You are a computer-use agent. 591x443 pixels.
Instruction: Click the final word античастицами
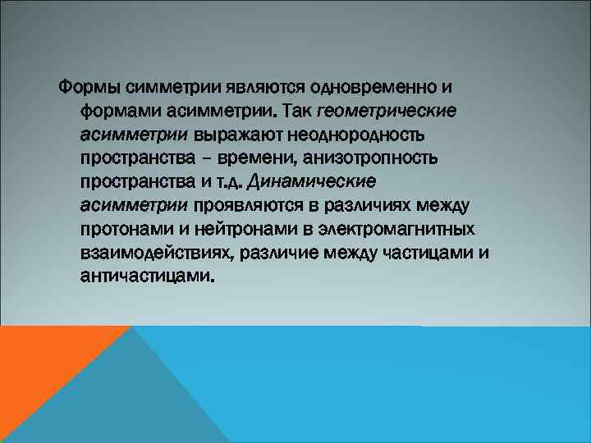147,276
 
